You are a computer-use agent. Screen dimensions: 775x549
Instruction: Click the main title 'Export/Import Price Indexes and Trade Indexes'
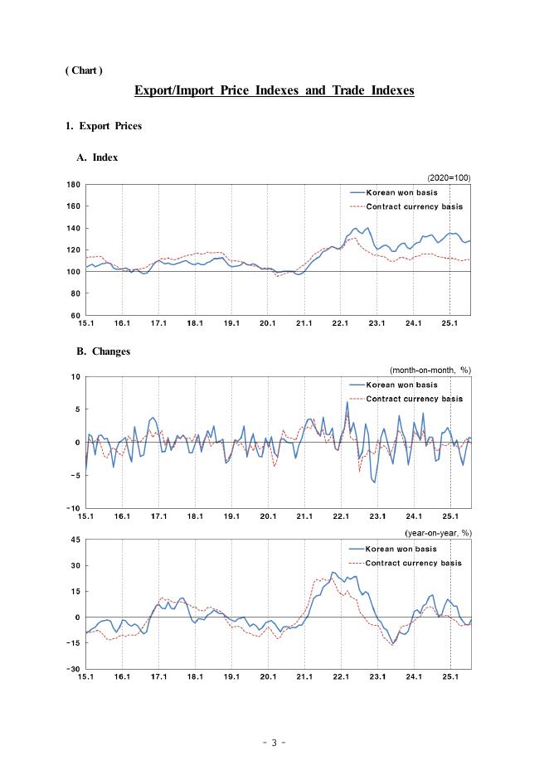point(274,90)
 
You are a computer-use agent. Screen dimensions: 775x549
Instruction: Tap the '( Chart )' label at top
point(84,70)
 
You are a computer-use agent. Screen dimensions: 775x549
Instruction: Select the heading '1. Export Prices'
point(104,126)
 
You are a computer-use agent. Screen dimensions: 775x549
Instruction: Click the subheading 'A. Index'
point(97,157)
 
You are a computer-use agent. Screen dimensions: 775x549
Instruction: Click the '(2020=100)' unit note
point(449,177)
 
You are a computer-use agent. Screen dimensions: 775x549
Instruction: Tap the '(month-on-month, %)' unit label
point(430,370)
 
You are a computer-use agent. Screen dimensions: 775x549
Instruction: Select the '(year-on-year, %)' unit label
point(437,533)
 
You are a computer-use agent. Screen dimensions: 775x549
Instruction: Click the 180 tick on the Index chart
point(74,184)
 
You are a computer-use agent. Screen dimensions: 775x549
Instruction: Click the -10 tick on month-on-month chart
point(74,508)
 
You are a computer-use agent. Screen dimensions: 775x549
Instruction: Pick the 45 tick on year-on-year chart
point(75,540)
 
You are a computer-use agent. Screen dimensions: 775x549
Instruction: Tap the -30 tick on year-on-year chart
point(74,669)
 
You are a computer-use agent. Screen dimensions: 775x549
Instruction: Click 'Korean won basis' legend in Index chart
point(402,191)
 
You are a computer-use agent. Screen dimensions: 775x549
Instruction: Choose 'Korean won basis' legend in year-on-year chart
point(402,549)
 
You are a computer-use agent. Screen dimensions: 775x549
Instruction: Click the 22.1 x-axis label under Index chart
point(340,323)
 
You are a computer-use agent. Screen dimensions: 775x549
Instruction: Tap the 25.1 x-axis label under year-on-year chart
point(449,677)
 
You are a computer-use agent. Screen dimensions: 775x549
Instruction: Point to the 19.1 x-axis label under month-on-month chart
point(231,516)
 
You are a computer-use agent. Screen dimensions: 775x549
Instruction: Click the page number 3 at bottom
point(274,743)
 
